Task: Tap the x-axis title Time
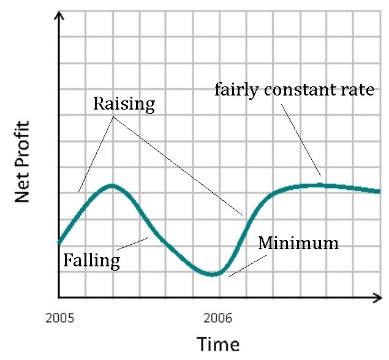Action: (217, 343)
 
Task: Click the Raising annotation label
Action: (124, 103)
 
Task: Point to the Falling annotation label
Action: (92, 261)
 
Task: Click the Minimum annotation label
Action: (298, 243)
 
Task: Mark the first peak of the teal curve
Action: (111, 185)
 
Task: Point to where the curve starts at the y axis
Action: (59, 242)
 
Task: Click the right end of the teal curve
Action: (379, 192)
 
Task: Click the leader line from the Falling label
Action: (134, 243)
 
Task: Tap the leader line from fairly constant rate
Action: (301, 140)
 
